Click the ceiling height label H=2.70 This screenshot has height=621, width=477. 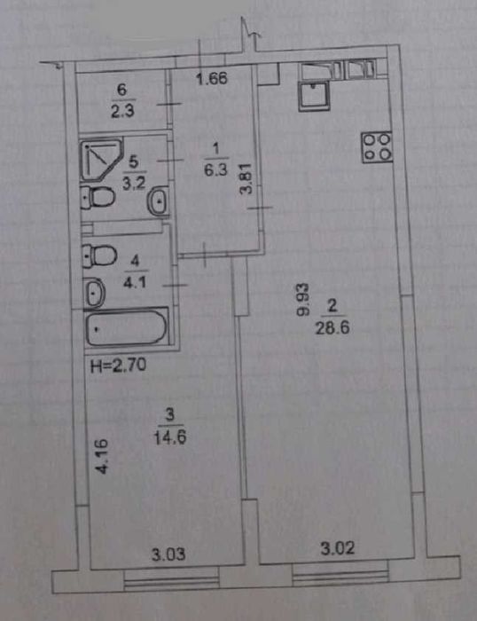coord(118,366)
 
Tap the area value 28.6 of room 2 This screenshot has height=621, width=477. coord(332,328)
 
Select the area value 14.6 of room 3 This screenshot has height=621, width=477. coord(170,437)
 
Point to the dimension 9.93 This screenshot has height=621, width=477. coord(303,299)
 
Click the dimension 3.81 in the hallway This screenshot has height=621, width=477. coord(246,178)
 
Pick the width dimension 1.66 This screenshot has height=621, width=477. coord(212,79)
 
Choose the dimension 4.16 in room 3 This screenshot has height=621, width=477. coord(102,456)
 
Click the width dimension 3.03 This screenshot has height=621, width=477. coord(168,554)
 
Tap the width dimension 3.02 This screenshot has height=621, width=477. coord(337,548)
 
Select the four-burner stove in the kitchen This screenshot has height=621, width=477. coord(377,147)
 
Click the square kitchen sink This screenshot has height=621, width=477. coord(314,96)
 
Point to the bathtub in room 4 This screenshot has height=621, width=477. coord(127,327)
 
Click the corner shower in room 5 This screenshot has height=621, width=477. coord(101,160)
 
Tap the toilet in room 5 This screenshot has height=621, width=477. coord(98,197)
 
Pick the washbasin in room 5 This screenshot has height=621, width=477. coord(159,201)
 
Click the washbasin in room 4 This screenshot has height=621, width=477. coord(94,293)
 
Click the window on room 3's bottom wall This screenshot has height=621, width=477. coord(172,579)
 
